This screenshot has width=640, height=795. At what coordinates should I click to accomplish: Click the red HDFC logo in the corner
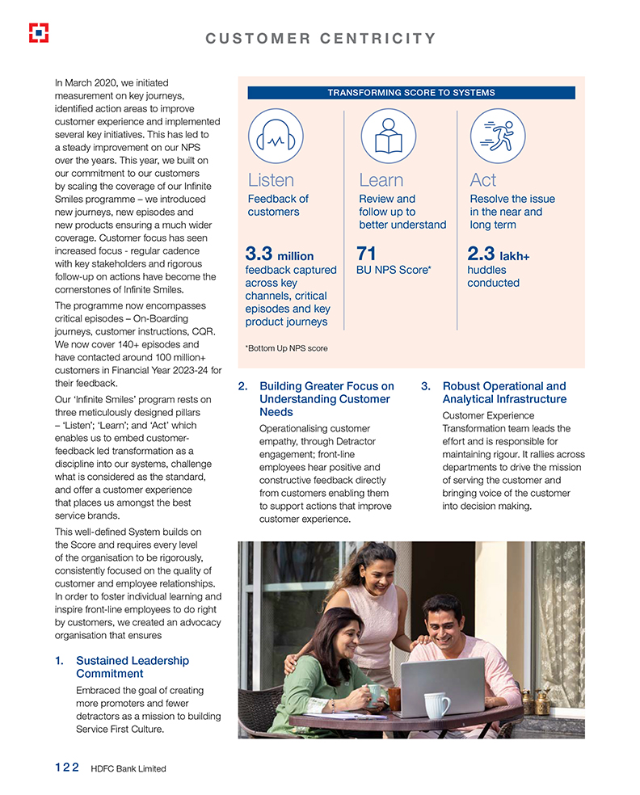[38, 32]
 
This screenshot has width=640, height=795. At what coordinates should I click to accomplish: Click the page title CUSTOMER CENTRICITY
[321, 38]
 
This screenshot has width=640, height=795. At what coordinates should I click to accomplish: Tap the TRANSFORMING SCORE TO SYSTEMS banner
[411, 93]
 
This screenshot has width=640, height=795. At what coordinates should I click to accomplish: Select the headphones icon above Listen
[276, 137]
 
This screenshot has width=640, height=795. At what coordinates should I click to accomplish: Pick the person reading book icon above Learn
[388, 137]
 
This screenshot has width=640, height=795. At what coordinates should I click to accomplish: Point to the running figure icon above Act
[498, 137]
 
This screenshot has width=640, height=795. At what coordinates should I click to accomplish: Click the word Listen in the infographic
[271, 179]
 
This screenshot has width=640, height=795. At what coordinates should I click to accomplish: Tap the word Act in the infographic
[482, 179]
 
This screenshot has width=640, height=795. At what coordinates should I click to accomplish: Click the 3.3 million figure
[279, 256]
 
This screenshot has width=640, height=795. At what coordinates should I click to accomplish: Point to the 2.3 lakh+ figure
[498, 256]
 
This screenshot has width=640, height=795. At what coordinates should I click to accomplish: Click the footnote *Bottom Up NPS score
[286, 348]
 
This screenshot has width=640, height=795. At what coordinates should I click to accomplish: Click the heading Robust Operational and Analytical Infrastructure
[504, 393]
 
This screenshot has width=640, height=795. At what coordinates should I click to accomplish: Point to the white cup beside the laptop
[436, 705]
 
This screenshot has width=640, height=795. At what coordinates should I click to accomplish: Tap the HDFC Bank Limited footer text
[128, 768]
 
